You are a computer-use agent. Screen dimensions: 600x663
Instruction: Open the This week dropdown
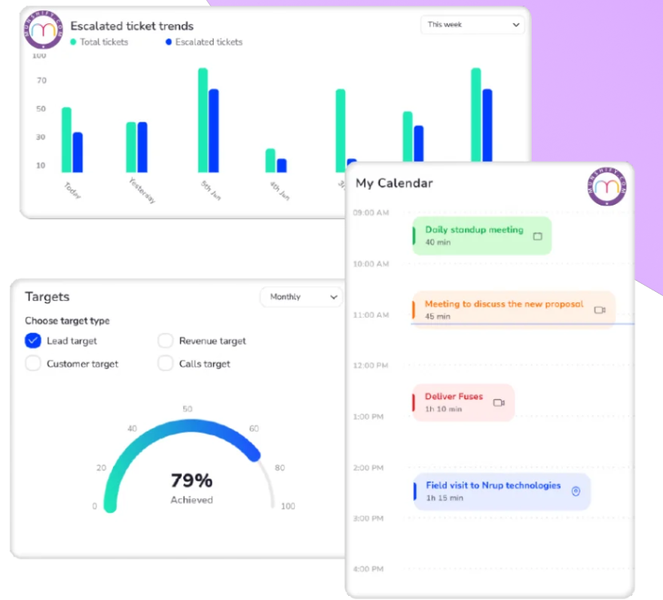click(472, 25)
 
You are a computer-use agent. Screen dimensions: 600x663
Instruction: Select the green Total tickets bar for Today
click(66, 140)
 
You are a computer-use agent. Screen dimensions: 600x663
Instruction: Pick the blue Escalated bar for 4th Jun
click(282, 166)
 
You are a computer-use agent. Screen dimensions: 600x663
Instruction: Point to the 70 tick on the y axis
click(41, 81)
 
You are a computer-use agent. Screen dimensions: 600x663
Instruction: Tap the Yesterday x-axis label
click(142, 191)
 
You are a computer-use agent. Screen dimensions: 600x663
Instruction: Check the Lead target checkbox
click(33, 341)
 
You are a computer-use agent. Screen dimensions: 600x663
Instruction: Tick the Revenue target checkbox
click(165, 341)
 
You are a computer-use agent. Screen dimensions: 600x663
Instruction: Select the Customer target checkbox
click(33, 364)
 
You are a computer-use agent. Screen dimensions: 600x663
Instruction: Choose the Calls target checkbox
click(165, 364)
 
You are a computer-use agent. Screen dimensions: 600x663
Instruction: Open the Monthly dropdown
click(301, 297)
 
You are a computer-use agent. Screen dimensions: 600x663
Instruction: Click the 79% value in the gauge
click(191, 481)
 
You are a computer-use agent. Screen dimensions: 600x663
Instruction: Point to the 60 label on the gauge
click(254, 429)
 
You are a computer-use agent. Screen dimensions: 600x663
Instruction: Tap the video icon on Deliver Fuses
click(499, 402)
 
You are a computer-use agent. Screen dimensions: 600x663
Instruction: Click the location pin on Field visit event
click(575, 491)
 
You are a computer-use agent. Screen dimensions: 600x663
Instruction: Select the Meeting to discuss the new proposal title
click(504, 304)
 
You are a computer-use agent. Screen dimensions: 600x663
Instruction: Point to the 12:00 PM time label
click(371, 366)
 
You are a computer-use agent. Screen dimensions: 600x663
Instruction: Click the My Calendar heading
click(394, 183)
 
